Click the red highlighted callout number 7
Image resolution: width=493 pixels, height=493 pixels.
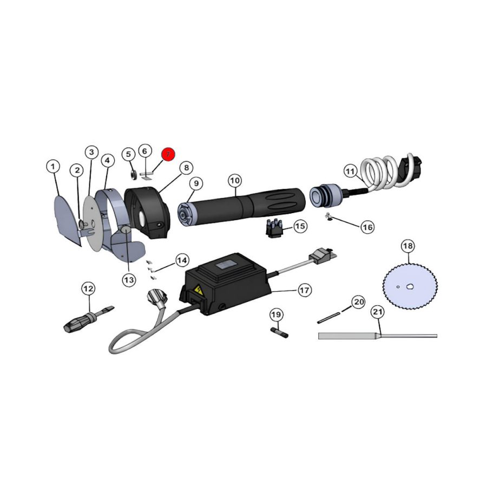point(168,154)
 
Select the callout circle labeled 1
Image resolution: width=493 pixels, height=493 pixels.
point(53,167)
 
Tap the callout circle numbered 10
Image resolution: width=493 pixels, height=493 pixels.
point(234,180)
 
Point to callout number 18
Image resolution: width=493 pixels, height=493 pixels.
point(407,246)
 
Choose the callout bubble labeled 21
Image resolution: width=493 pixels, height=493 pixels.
point(378,312)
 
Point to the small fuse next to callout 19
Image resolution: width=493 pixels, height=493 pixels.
point(279,332)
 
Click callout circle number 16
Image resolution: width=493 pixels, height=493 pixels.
point(367,227)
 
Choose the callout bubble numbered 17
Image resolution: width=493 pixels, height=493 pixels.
point(304,290)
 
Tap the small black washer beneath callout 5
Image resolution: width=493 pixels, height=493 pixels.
point(132,174)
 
